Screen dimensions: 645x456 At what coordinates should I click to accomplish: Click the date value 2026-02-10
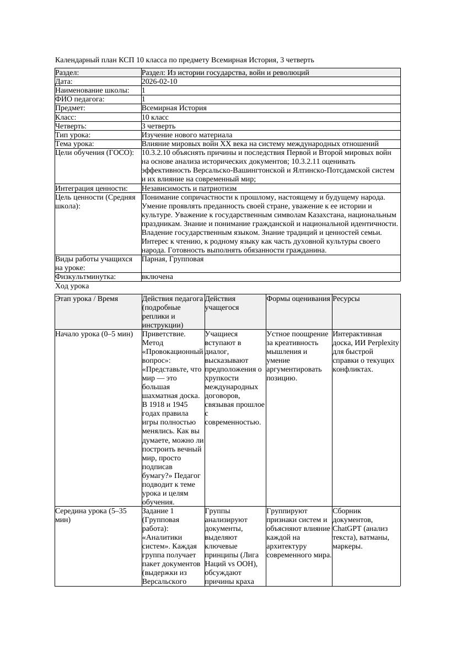tap(159, 82)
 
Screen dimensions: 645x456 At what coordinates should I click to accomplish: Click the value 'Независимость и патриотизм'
tap(189, 189)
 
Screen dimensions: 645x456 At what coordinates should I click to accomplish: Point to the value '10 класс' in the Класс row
tap(155, 117)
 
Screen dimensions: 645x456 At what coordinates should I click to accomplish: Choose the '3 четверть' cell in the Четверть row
tap(158, 126)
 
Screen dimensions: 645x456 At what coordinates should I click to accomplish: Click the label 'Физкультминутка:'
tap(85, 277)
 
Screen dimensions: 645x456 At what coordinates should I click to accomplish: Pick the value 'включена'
tap(157, 277)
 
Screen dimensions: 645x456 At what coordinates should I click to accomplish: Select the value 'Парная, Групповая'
tap(173, 259)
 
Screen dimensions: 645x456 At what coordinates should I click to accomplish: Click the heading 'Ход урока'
tap(72, 286)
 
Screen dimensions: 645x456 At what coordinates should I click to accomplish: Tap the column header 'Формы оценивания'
tap(298, 299)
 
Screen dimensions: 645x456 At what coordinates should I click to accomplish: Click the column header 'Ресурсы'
tap(346, 299)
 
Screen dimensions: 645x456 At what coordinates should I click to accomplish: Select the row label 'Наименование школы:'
tap(92, 90)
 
